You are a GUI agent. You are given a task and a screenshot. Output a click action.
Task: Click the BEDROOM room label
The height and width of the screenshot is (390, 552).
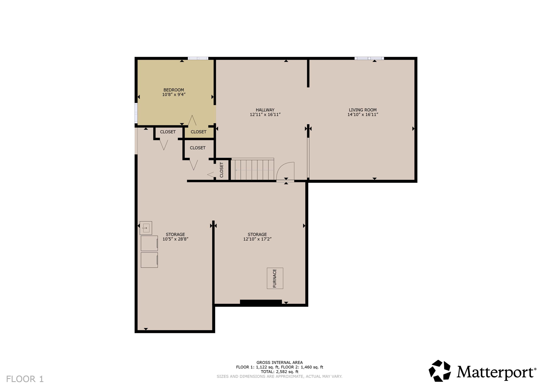pos(174,90)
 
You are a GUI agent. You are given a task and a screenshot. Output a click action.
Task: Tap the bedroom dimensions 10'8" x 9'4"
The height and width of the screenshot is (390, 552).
pos(174,95)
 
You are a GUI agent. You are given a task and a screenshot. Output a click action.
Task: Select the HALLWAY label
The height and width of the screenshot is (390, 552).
pos(265,110)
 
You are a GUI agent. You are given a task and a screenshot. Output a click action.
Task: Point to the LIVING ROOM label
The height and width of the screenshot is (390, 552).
pos(363,110)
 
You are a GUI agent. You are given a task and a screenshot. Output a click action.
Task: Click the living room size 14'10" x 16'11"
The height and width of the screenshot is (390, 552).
pos(363,114)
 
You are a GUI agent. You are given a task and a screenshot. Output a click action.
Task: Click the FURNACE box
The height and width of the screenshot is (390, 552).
pos(275,278)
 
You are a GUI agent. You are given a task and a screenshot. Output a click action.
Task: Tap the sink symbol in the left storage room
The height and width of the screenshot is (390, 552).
pos(146,228)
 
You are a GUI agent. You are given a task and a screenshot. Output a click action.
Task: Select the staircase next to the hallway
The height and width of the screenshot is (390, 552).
pos(252,170)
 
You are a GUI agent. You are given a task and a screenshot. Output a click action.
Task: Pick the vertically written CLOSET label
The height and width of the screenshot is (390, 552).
pos(222,170)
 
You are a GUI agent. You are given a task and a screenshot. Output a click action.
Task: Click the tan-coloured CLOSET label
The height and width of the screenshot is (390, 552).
pos(198,132)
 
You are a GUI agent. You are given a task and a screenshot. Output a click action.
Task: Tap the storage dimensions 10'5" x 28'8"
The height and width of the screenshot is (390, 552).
pos(175,239)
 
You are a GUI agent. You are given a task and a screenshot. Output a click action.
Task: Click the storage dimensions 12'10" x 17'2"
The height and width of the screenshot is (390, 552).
pos(257,239)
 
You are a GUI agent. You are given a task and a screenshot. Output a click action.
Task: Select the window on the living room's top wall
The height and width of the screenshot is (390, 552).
pos(369,58)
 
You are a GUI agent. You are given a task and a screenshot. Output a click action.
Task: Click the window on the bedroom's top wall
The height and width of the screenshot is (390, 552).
pos(198,58)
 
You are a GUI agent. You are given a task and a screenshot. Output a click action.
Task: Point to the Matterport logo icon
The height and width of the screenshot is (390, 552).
pos(440,371)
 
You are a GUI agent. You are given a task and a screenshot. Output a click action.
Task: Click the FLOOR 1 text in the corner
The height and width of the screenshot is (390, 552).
pos(25,379)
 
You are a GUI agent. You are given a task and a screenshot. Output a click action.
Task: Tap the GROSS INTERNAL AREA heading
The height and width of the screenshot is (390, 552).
pos(280,363)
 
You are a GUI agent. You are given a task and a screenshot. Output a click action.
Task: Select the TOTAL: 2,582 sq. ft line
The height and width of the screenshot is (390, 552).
pos(280,372)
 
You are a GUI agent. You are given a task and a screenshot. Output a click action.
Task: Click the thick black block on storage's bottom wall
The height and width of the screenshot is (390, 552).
pos(261,302)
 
